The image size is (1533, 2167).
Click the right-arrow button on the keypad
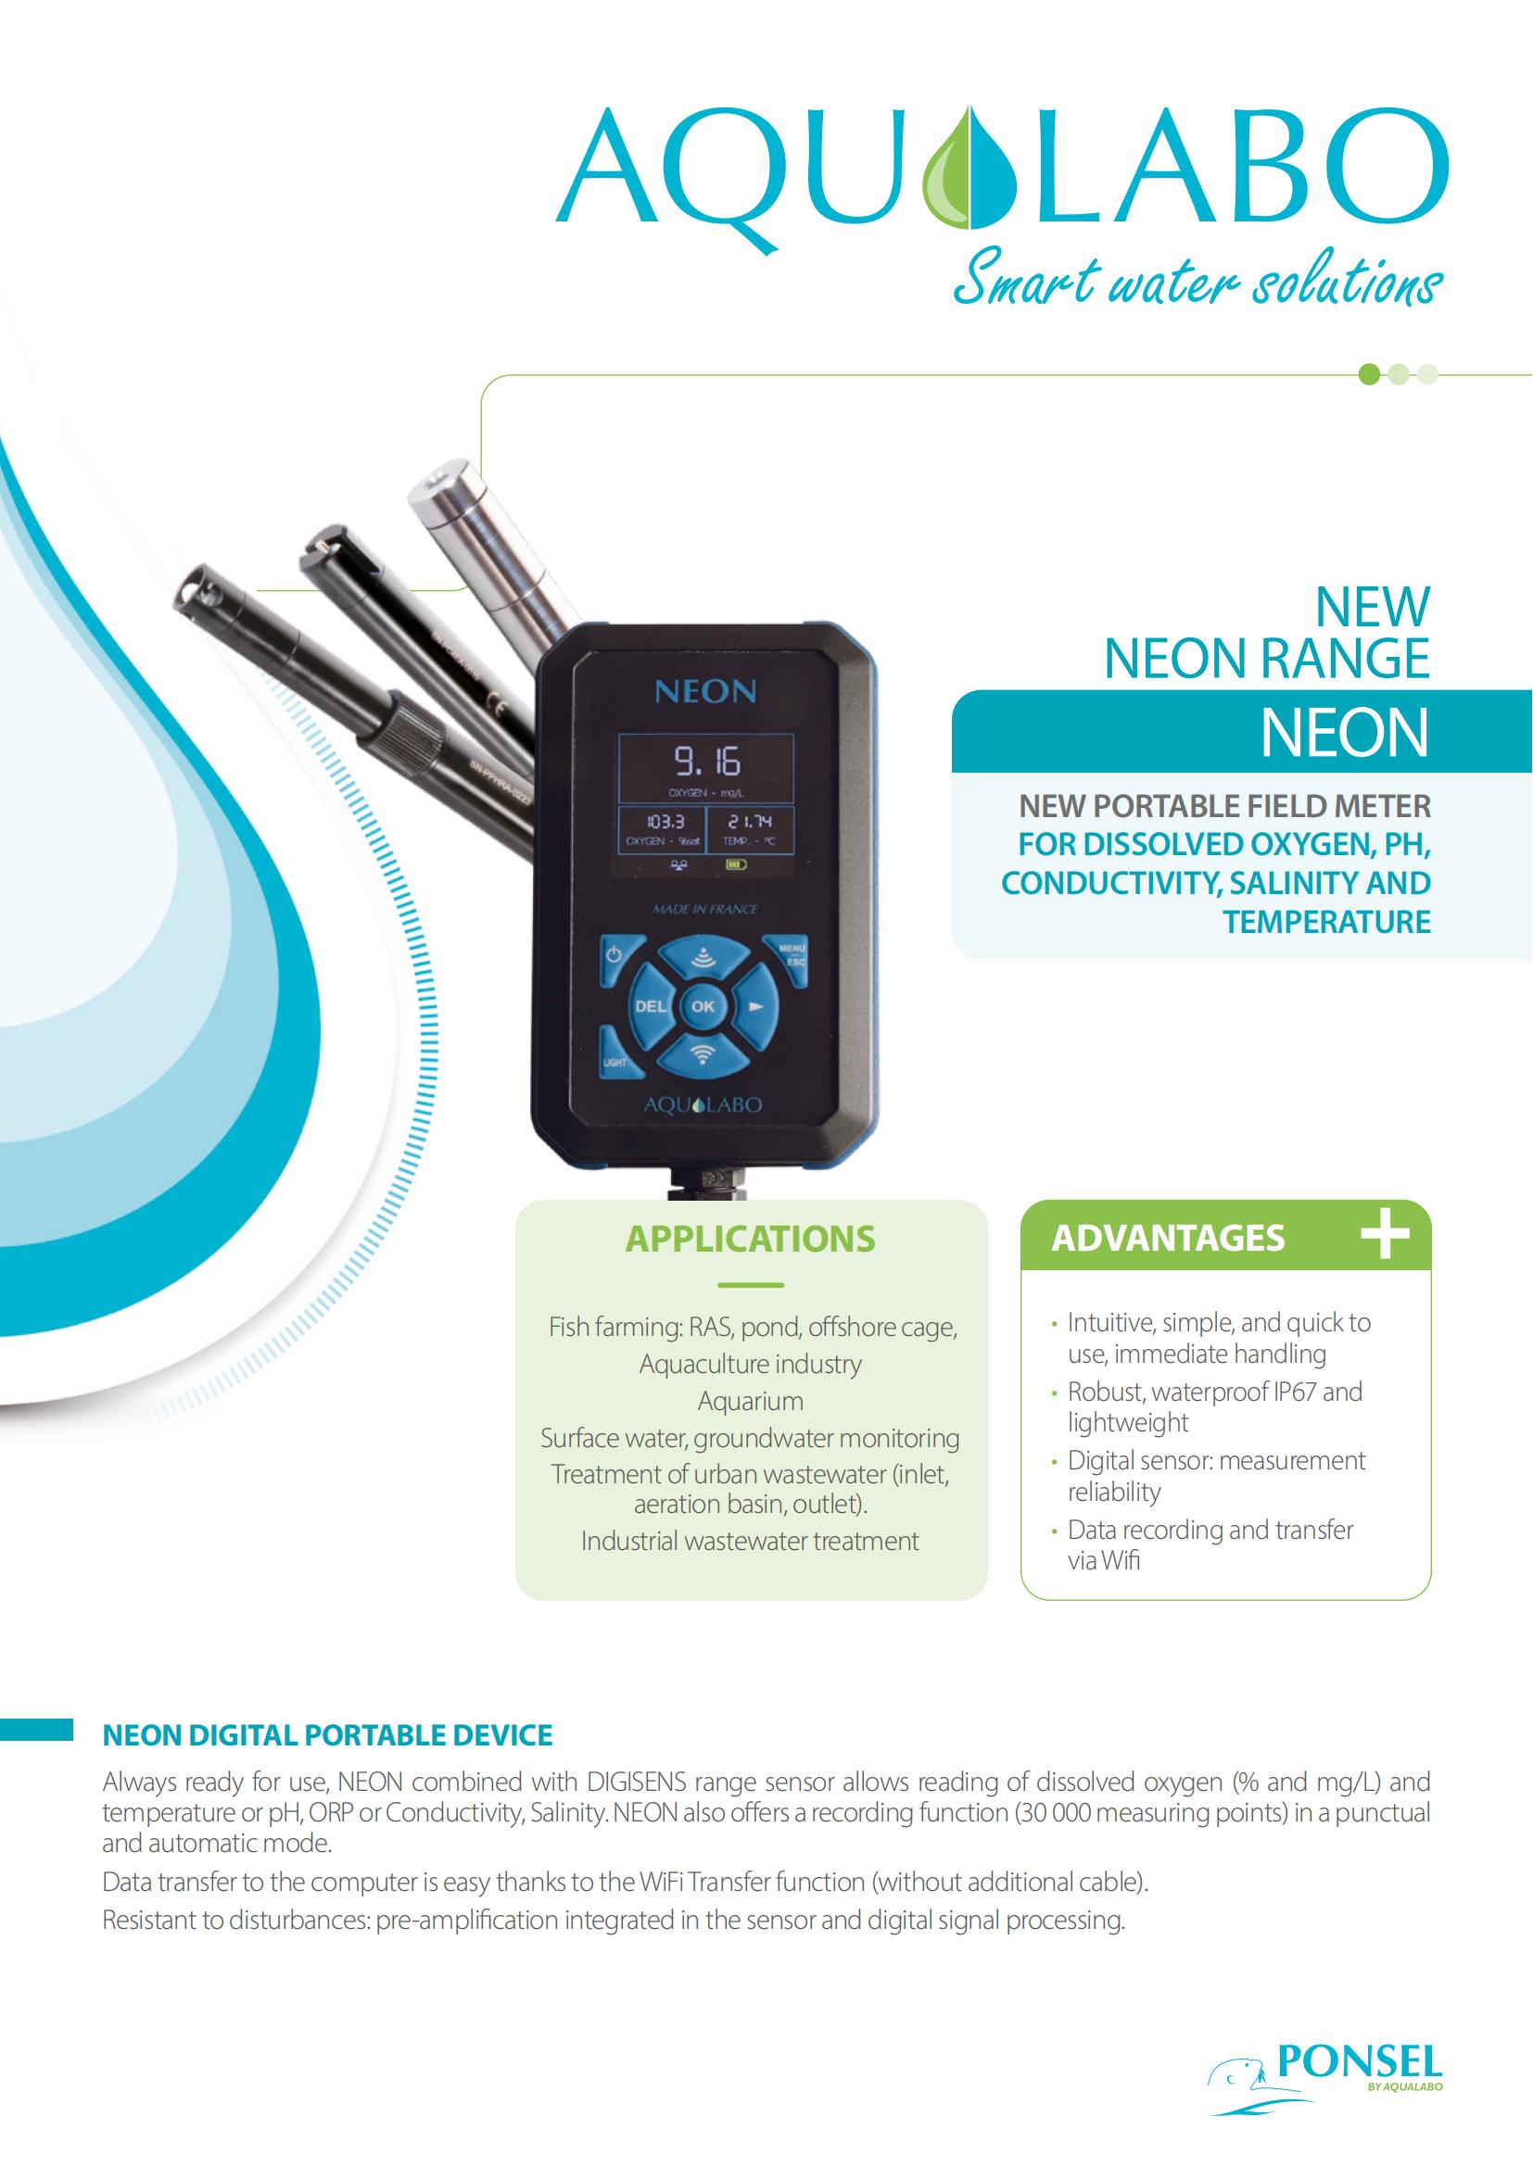755,1006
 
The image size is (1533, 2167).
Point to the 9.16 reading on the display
707,762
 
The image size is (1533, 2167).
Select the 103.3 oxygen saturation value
665,822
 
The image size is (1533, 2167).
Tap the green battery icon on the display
733,863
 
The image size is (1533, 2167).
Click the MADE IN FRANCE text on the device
704,910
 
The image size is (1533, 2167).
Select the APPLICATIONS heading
751,1239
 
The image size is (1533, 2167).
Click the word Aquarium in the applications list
751,1401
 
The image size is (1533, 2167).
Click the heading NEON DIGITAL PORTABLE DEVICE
327,1734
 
